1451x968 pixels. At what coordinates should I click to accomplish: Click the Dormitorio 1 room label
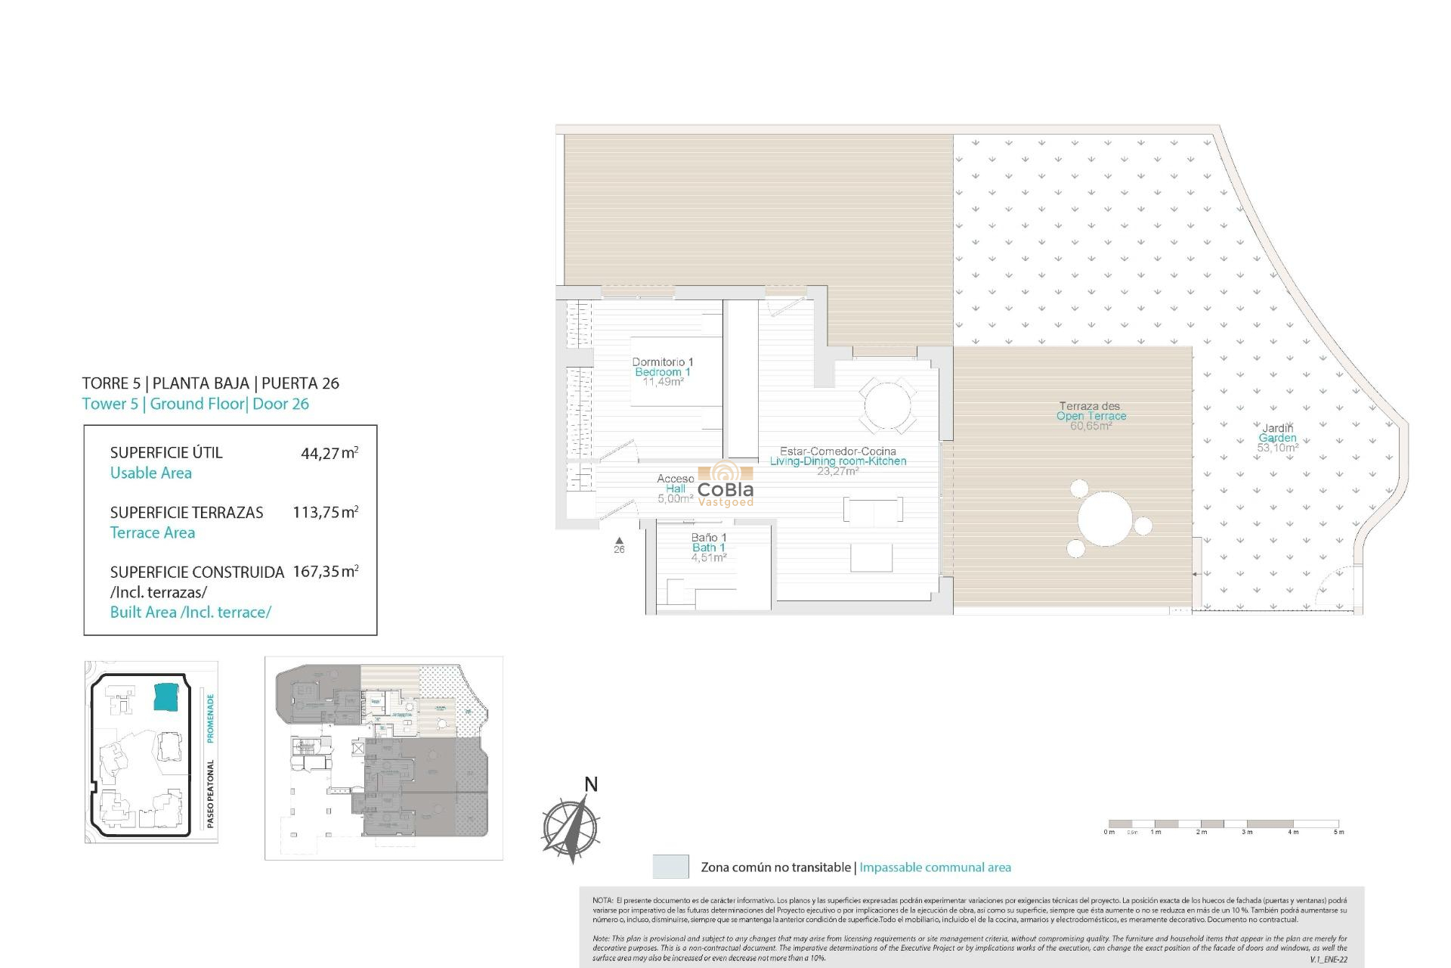(x=662, y=363)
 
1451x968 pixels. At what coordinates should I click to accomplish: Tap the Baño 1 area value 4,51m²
(x=708, y=558)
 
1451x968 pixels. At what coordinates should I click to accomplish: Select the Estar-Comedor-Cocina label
(x=837, y=451)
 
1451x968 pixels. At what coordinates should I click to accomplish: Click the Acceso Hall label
(x=675, y=484)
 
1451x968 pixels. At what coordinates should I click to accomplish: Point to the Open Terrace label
(x=1091, y=416)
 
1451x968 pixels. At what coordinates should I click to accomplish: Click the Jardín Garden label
(x=1277, y=433)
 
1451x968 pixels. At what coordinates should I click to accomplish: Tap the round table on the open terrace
(x=1105, y=519)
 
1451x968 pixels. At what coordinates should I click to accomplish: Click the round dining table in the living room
(x=887, y=406)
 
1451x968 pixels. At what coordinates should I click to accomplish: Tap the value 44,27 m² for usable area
(x=329, y=454)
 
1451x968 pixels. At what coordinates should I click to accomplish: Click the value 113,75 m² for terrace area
(x=325, y=513)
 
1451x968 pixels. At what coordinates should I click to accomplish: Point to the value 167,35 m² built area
(x=325, y=572)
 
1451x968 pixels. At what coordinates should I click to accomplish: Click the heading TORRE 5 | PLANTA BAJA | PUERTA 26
(x=210, y=383)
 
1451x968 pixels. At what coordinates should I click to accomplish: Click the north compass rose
(x=572, y=825)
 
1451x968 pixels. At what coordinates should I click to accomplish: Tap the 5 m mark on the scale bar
(x=1338, y=832)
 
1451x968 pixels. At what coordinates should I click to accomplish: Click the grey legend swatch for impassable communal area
(x=670, y=867)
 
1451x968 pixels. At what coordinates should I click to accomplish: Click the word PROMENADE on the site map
(x=210, y=718)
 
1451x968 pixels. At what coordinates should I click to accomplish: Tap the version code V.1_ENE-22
(x=1328, y=960)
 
